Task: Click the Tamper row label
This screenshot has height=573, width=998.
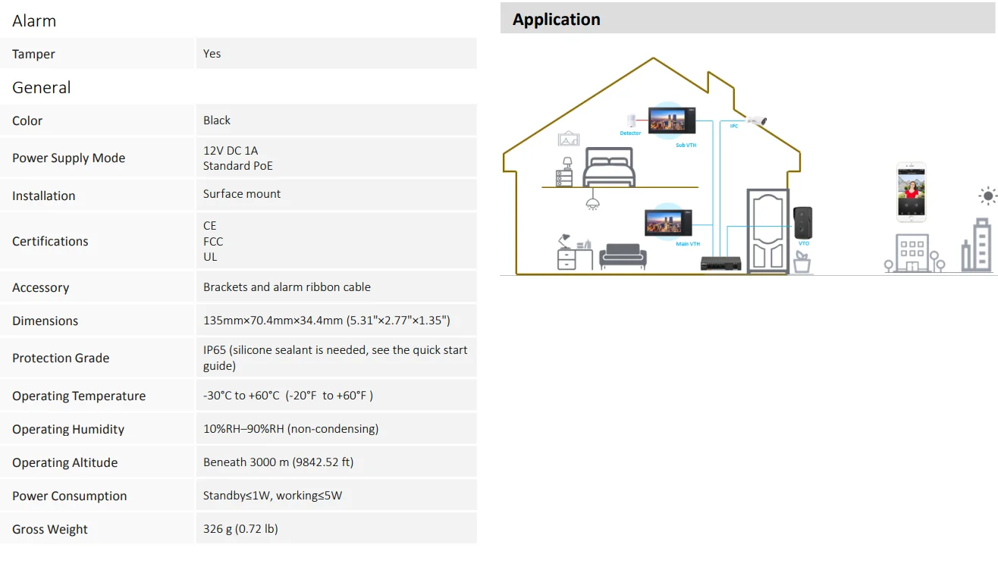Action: (x=33, y=54)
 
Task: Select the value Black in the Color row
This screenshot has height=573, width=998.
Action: (x=217, y=121)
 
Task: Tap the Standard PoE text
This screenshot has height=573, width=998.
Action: (x=237, y=166)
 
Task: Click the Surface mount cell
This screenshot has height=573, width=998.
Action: (x=242, y=194)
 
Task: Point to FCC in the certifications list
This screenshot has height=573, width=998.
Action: (x=213, y=241)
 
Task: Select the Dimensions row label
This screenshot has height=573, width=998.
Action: (x=45, y=321)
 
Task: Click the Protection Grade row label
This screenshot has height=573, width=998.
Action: (x=61, y=358)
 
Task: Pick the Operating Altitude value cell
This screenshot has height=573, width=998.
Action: (x=278, y=462)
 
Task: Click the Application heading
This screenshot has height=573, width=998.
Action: (x=556, y=20)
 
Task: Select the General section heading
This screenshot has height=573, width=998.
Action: (x=41, y=87)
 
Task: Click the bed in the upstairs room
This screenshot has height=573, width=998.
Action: (x=608, y=168)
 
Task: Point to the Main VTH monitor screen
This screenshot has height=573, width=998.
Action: (x=668, y=223)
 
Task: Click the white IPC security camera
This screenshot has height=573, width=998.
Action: (x=757, y=121)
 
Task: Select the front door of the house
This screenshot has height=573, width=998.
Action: (x=767, y=230)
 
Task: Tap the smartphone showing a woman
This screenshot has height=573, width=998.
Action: (x=911, y=192)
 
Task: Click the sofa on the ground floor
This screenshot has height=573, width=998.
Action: (x=623, y=256)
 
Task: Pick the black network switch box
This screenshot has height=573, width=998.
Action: (x=719, y=263)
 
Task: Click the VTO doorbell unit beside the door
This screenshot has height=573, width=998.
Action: (x=802, y=223)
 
